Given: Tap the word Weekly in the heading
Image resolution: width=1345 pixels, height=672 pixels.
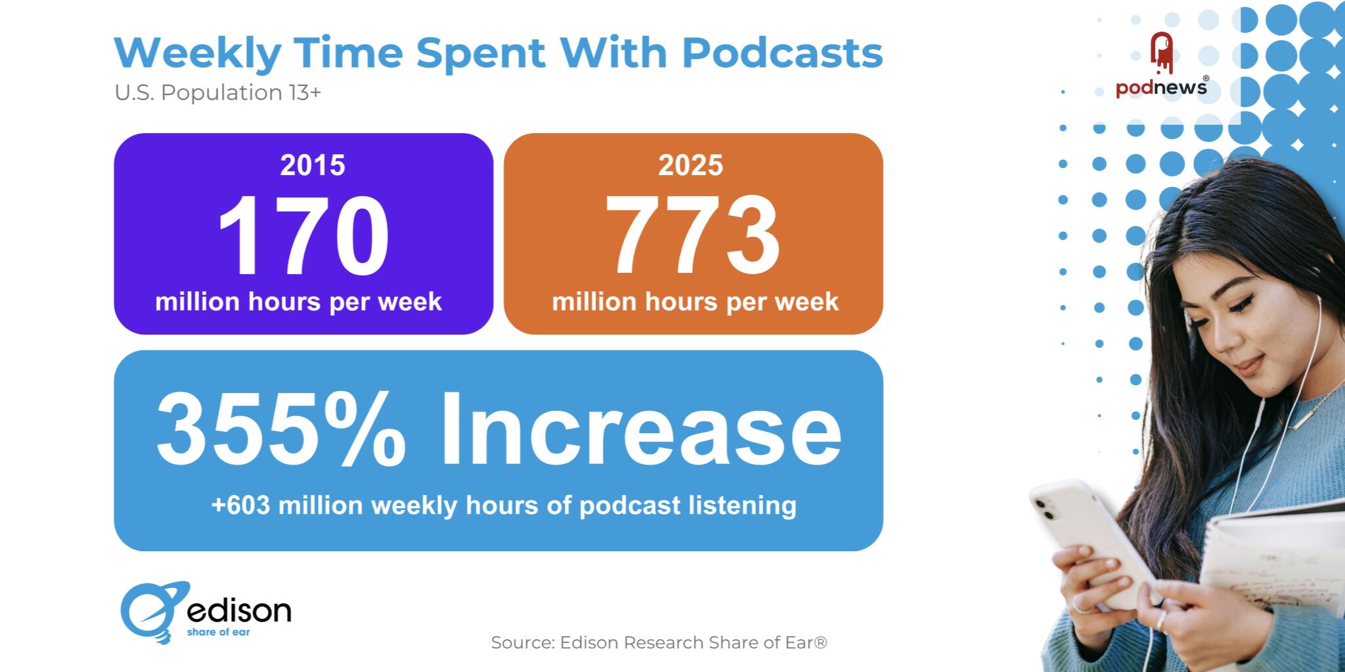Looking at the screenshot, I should point(197,54).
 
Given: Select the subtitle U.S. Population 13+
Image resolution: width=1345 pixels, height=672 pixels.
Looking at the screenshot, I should point(218,93).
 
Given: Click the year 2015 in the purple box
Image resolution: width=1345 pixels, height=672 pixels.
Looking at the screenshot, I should point(312,165).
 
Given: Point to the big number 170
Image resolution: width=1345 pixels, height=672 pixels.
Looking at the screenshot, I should point(303,236).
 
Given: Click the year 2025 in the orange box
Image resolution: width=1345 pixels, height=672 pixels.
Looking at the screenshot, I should point(690,165).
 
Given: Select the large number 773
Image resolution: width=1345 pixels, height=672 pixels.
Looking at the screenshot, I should point(692,236).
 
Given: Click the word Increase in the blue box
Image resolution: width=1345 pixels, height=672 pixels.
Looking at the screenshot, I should point(640,428).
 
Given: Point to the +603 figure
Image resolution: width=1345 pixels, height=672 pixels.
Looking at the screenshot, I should point(240,505).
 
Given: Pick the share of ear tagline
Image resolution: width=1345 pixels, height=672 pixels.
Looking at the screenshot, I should point(218,633).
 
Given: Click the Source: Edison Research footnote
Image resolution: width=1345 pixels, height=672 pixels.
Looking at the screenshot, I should point(659,642).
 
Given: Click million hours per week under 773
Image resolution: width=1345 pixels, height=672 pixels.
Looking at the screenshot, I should point(695,302).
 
